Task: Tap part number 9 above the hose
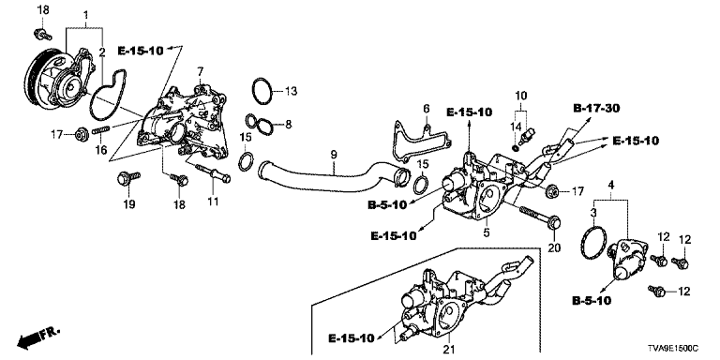(x=334, y=154)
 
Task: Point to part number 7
(x=200, y=71)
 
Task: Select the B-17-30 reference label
(x=596, y=109)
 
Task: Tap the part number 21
(x=447, y=350)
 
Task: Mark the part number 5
(x=487, y=232)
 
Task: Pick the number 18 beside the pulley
(x=42, y=10)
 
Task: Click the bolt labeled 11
(x=212, y=173)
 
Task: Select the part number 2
(x=102, y=52)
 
